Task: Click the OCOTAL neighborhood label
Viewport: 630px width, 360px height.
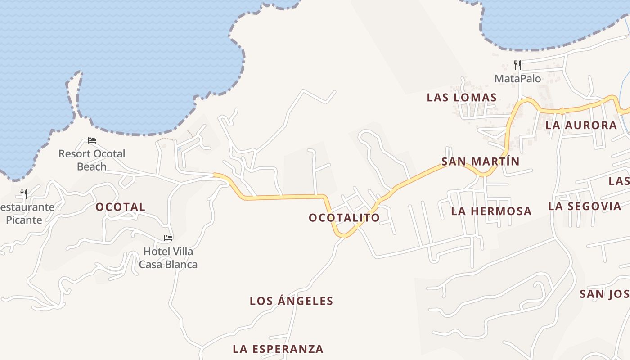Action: click(x=120, y=207)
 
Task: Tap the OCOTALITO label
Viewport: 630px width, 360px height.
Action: click(x=344, y=218)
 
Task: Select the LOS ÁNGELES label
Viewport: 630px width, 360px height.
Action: click(x=291, y=301)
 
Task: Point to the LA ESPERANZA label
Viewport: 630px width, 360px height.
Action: click(x=278, y=349)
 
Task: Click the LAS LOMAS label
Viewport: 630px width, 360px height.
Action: click(x=462, y=98)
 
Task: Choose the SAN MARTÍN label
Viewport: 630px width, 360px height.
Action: click(x=481, y=162)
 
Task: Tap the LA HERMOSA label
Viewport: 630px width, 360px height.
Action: click(x=491, y=211)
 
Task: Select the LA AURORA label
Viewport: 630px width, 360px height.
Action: click(x=581, y=126)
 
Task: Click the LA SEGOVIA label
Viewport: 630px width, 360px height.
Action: click(x=585, y=207)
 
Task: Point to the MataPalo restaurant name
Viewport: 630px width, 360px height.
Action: click(x=517, y=79)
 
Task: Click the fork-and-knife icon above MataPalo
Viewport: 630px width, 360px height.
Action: click(x=517, y=65)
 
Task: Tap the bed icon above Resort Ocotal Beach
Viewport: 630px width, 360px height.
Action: click(x=92, y=140)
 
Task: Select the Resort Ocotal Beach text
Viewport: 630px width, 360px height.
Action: click(x=92, y=160)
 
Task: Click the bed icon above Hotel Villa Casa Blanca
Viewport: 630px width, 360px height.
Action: click(x=168, y=238)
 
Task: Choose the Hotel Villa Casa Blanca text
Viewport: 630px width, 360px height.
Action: click(x=168, y=258)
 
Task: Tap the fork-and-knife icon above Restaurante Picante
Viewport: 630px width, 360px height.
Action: click(x=24, y=194)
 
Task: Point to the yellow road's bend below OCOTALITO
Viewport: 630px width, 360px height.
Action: click(x=343, y=234)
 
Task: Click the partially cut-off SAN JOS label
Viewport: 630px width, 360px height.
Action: click(x=604, y=294)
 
